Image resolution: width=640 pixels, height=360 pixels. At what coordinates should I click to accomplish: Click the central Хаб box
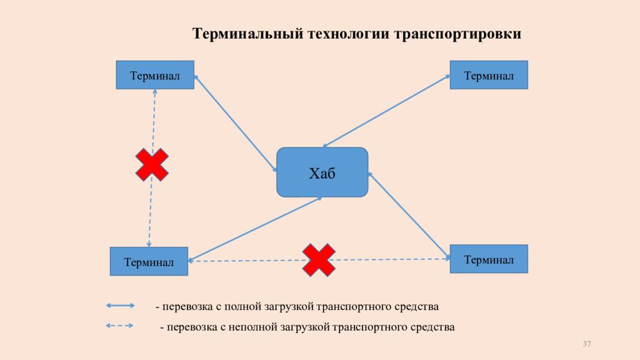pos(322,172)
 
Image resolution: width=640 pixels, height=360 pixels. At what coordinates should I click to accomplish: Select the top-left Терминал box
pos(155,75)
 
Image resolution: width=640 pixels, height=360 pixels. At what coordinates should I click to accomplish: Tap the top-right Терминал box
pos(489,75)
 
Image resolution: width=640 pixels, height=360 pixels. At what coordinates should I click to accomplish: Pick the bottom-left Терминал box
pos(149,261)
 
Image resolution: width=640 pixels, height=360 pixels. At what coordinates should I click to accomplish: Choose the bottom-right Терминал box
pos(489,259)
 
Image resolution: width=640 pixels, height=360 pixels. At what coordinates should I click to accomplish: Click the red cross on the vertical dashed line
pos(152,164)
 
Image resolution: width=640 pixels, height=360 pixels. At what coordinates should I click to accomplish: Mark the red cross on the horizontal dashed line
pos(319,260)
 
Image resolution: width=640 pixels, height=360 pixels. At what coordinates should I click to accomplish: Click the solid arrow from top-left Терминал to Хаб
pos(236,123)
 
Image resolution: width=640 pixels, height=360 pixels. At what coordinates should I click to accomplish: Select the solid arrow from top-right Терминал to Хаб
pos(386,111)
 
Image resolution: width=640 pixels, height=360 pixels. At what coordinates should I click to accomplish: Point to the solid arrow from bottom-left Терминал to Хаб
pos(255,229)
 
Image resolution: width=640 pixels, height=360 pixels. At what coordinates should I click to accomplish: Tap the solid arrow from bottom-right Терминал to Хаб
pos(409,216)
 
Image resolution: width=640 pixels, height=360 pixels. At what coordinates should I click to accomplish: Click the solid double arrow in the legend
pos(121,305)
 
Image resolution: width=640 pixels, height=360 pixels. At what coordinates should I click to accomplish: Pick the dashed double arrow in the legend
pos(119,326)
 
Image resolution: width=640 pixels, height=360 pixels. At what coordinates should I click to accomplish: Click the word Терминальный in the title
pos(247,34)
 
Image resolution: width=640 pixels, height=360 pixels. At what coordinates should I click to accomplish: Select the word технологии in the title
pos(349,34)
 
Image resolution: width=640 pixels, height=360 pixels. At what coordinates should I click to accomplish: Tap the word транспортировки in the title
pos(457,34)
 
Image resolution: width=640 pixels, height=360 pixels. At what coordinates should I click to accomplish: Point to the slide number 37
pos(587,344)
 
